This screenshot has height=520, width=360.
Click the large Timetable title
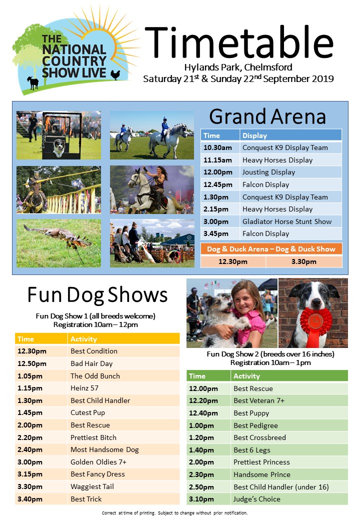click(238, 42)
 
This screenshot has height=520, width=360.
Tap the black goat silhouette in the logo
click(33, 82)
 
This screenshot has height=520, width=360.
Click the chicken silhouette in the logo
click(115, 74)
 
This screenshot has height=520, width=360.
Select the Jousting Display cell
click(268, 172)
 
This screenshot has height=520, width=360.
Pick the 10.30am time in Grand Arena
click(217, 147)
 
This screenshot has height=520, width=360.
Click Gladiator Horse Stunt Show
click(286, 221)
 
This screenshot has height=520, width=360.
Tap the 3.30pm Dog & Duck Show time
click(303, 261)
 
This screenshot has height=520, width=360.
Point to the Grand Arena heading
click(267, 116)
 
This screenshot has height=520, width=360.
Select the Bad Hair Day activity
click(91, 363)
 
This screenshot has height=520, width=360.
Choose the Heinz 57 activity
click(84, 388)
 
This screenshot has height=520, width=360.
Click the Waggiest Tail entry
click(92, 486)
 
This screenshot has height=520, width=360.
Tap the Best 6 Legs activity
click(252, 450)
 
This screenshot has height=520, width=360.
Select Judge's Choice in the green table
click(257, 499)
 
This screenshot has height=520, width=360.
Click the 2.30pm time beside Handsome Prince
click(201, 474)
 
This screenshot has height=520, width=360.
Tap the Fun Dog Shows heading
click(97, 295)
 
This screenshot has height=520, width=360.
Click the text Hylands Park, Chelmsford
click(238, 67)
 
